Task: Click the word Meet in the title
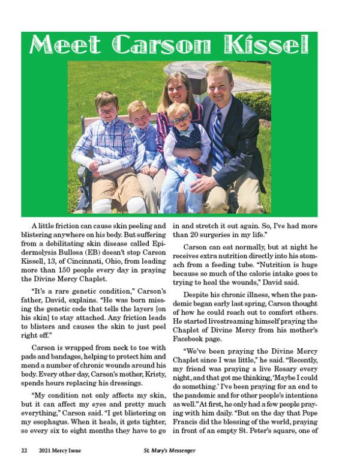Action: point(68,44)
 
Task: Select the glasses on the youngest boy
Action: point(180,119)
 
